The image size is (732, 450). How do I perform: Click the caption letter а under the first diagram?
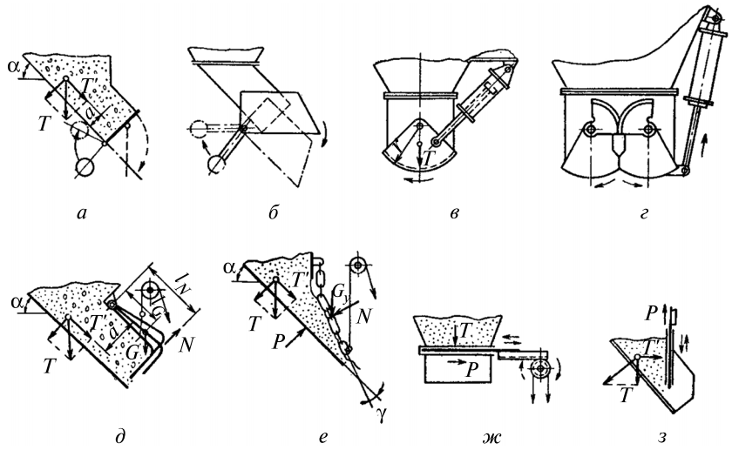82,214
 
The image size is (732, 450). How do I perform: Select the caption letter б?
274,212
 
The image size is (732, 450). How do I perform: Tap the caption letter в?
455,214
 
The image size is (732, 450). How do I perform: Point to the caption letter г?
644,214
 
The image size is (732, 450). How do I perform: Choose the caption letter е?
323,438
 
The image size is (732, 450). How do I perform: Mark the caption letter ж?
492,438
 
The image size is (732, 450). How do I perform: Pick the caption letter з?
661,438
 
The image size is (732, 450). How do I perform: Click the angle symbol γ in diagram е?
382,414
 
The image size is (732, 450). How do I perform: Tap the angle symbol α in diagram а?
14,67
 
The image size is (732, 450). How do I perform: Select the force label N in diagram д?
186,346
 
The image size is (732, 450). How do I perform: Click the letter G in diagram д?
132,353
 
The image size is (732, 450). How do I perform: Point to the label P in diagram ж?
472,370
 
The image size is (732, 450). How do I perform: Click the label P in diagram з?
651,315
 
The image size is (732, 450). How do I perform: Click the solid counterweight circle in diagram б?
216,165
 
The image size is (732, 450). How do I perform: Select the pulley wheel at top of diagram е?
357,265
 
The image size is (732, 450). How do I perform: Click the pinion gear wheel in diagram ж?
540,368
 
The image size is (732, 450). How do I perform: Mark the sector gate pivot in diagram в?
420,126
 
